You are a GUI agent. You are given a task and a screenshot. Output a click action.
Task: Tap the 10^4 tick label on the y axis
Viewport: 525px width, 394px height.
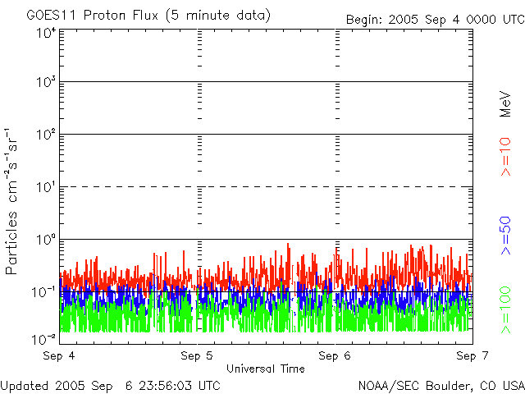(x=46, y=32)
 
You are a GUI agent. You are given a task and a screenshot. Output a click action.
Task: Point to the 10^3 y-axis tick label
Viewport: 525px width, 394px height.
(x=46, y=82)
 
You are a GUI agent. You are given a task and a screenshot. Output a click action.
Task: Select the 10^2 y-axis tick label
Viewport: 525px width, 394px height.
(x=46, y=135)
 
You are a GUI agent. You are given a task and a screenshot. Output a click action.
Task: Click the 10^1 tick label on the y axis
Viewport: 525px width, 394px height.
(x=46, y=187)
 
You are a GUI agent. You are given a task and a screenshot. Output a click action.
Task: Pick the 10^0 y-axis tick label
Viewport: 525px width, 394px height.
(x=46, y=239)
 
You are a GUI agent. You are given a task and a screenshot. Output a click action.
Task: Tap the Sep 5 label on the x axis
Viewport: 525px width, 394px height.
(x=197, y=356)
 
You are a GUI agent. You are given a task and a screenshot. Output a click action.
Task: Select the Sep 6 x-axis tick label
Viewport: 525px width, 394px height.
(x=335, y=356)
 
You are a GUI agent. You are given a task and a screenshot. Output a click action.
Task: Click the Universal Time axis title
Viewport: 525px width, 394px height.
(x=265, y=369)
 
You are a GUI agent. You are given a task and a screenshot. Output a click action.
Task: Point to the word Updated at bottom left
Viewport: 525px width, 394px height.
(x=24, y=385)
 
